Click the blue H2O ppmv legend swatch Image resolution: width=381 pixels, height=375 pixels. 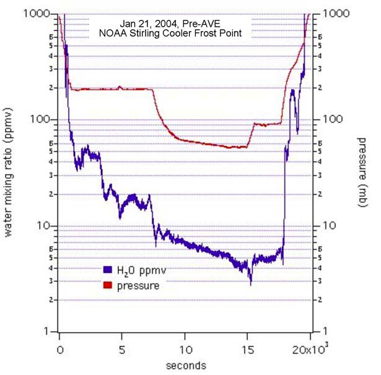tap(107, 270)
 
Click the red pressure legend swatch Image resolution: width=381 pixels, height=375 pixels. tap(107, 286)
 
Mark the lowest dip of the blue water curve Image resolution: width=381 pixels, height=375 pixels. tap(251, 284)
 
